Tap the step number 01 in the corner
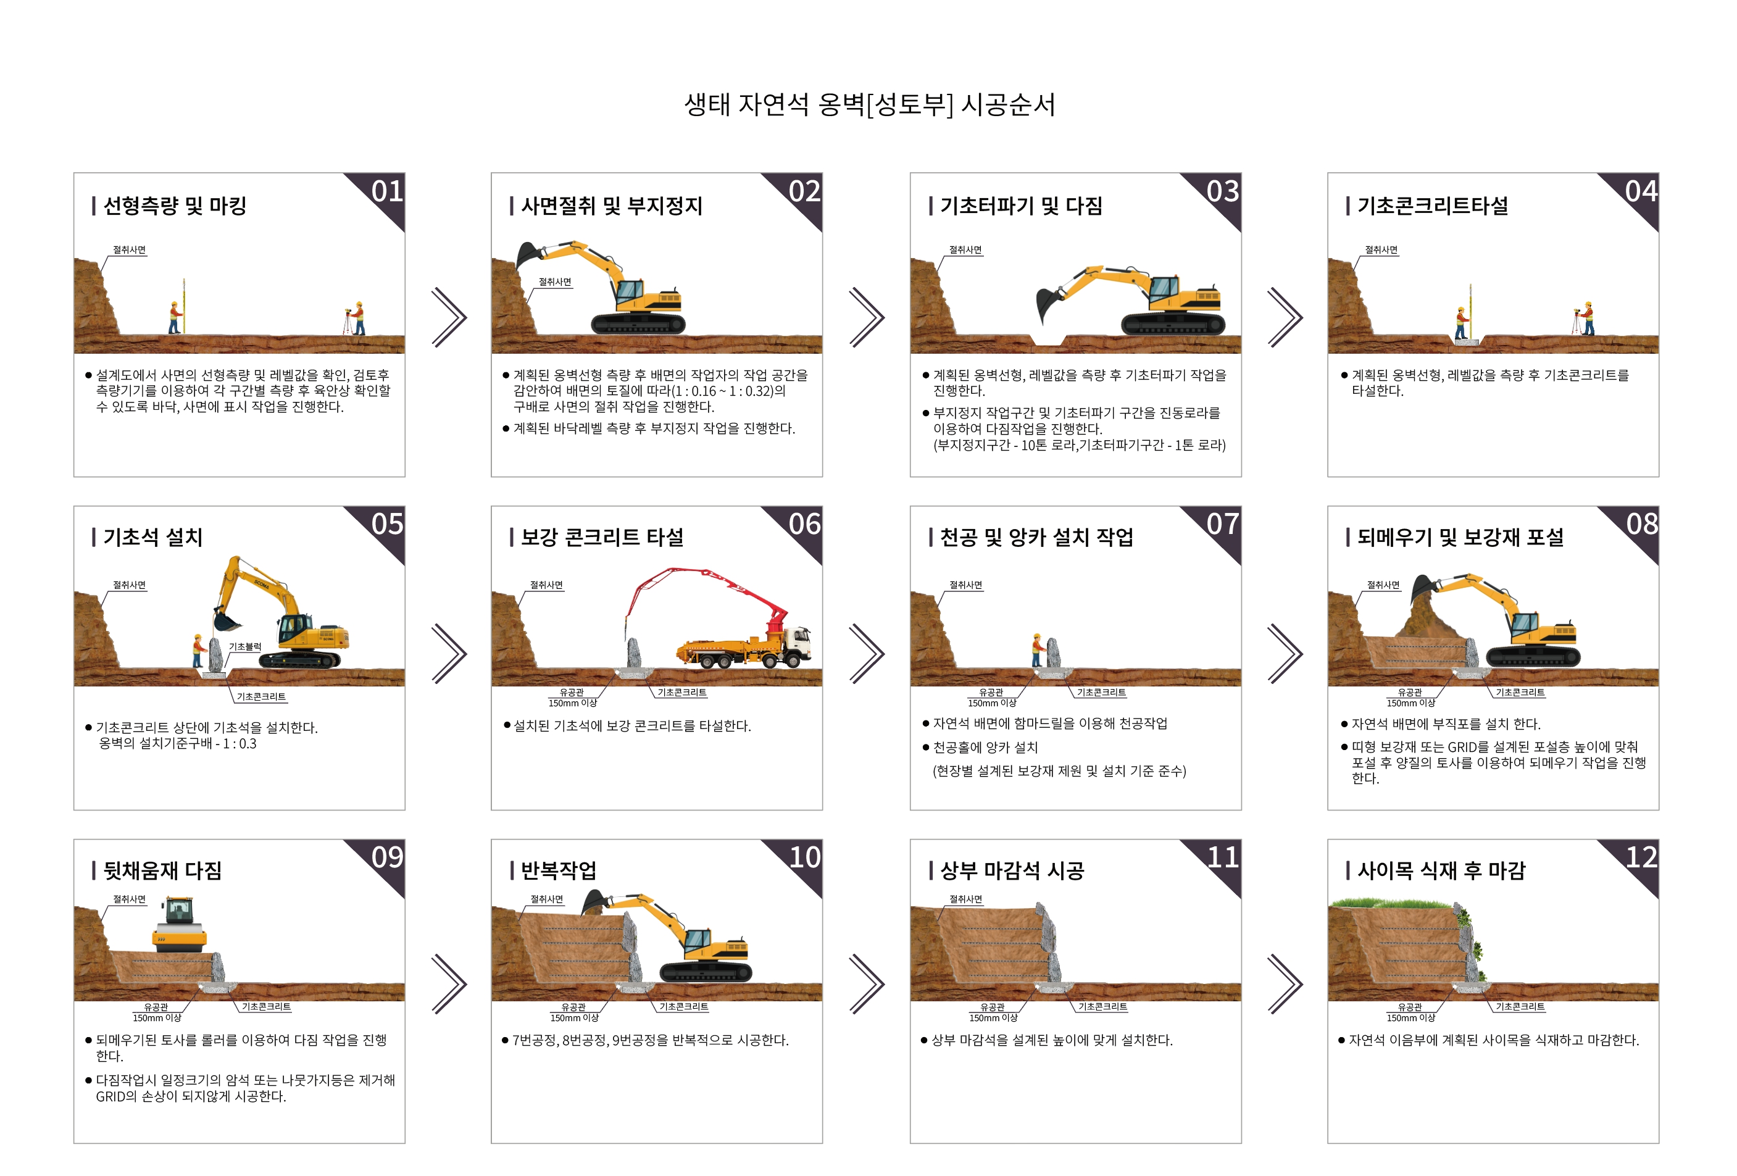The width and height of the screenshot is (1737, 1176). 387,191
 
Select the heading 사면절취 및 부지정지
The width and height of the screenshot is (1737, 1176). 611,206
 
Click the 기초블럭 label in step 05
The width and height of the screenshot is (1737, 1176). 244,647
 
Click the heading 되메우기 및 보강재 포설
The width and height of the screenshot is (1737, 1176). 1460,538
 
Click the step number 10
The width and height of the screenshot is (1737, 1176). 805,857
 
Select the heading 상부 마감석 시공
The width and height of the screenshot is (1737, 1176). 1012,871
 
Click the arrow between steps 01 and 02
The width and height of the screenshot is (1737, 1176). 449,317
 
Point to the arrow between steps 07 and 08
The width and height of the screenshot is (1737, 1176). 1286,653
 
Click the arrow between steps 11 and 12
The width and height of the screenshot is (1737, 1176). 1286,984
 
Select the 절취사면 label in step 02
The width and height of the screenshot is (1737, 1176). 554,282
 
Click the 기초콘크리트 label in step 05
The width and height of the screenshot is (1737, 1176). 261,697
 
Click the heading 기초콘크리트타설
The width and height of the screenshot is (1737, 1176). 1433,206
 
